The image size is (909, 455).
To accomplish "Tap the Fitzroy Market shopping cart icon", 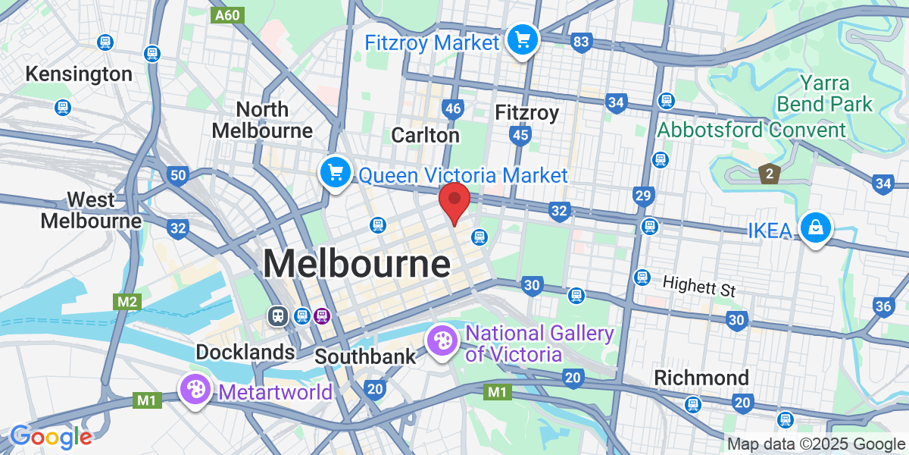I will [x=522, y=39].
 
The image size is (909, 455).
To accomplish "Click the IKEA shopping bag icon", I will [x=817, y=227].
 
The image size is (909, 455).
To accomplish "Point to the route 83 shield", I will [x=581, y=42].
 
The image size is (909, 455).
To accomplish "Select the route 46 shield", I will [x=453, y=109].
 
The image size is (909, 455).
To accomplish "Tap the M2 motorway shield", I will [x=127, y=302].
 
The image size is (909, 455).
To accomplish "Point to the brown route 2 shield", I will [x=769, y=174].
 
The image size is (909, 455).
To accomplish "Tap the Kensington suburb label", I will [x=79, y=74].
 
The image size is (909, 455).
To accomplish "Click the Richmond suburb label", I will [x=701, y=378].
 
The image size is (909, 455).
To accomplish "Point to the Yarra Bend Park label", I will [x=829, y=93].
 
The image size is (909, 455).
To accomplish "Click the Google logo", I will [x=51, y=437].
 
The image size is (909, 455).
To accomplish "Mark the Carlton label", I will [x=425, y=135].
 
